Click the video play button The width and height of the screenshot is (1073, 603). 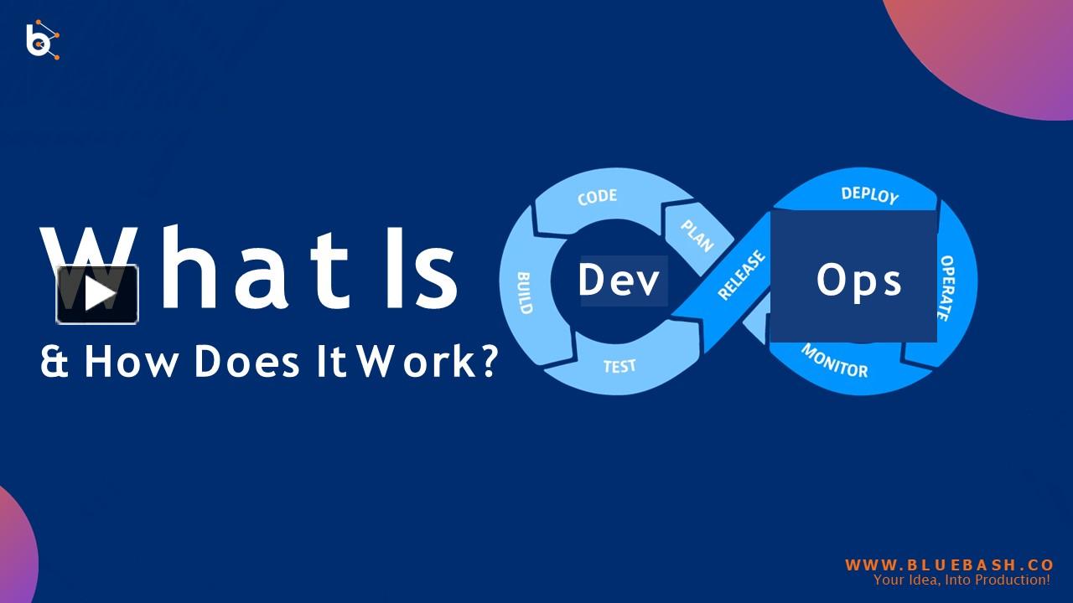(x=98, y=294)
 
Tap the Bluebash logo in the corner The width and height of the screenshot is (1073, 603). (x=43, y=39)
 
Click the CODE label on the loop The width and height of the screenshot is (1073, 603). (x=598, y=197)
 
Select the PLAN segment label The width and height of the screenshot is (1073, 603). (x=697, y=236)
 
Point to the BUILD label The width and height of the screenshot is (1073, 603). (x=525, y=293)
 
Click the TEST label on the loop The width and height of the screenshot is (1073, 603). (x=619, y=367)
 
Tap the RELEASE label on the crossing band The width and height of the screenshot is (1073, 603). (x=742, y=276)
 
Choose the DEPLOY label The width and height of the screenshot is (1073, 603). (x=870, y=195)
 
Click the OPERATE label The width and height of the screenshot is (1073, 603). (x=946, y=288)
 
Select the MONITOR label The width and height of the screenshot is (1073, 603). (x=834, y=361)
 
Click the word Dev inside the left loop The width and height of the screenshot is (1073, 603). (x=619, y=280)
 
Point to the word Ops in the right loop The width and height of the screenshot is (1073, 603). (x=858, y=282)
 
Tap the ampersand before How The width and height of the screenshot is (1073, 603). (x=54, y=362)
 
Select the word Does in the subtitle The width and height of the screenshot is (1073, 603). (x=246, y=362)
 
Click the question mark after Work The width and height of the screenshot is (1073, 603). (x=488, y=361)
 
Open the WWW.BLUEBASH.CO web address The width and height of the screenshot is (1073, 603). (x=950, y=565)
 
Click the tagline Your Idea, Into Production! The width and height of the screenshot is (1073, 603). (x=962, y=580)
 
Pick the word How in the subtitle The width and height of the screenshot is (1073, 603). (x=131, y=362)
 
